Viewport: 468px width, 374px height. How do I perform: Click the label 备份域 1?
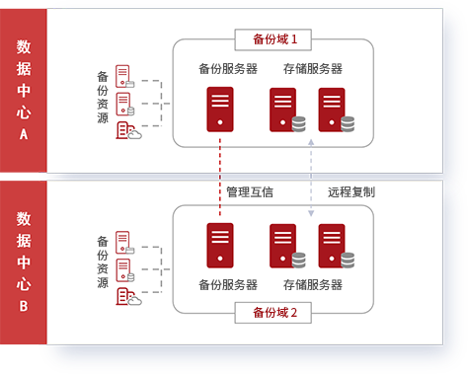click(275, 40)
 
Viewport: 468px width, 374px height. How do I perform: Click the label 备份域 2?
click(275, 314)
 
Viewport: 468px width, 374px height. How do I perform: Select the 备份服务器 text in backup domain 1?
click(228, 69)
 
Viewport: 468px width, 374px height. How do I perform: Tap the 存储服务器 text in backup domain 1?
click(312, 69)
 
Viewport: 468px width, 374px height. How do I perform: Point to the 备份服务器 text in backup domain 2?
click(228, 285)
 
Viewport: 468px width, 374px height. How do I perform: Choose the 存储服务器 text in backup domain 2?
click(312, 285)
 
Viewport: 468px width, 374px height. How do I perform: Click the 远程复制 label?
click(351, 191)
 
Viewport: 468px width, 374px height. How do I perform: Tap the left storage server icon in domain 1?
click(283, 109)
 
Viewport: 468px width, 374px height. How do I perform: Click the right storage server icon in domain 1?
click(333, 109)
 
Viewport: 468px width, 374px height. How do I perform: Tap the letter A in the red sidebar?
click(23, 133)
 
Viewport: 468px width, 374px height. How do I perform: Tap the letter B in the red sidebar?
click(23, 306)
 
